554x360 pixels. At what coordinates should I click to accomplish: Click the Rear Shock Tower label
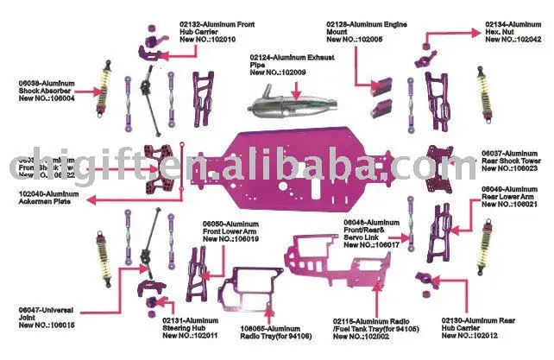tap(509, 161)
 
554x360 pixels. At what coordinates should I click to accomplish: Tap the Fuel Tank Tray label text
tap(367, 328)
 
